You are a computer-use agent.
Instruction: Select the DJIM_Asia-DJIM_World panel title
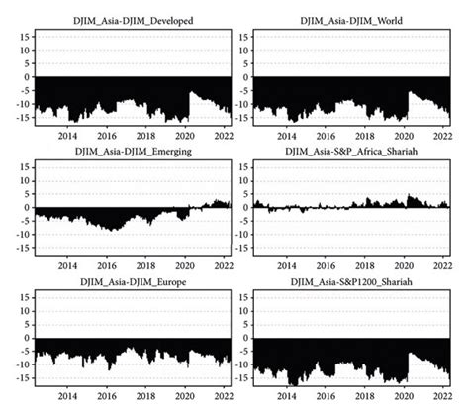coord(352,20)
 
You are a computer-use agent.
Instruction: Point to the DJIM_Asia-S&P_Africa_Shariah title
coord(352,151)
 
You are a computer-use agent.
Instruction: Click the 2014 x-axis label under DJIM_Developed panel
coord(68,135)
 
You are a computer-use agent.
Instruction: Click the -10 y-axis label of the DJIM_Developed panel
coord(23,103)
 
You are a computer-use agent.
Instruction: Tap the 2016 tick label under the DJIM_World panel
coord(327,135)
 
